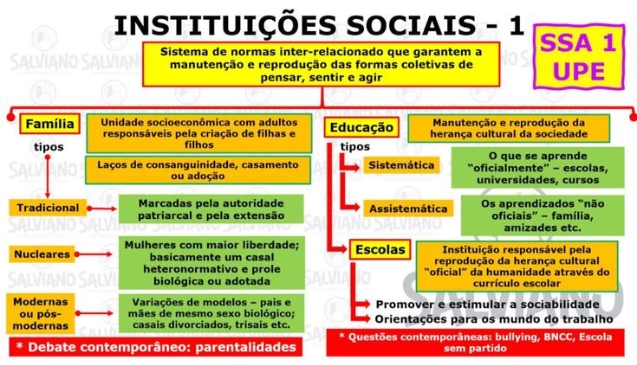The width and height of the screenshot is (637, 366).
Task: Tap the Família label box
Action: pyautogui.click(x=49, y=124)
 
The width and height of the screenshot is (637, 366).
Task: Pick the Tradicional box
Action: pyautogui.click(x=47, y=208)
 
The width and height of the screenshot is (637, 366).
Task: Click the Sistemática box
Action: pyautogui.click(x=401, y=165)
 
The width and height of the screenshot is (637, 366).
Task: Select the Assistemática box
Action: pyautogui.click(x=408, y=209)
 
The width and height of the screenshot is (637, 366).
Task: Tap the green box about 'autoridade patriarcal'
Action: pyautogui.click(x=198, y=209)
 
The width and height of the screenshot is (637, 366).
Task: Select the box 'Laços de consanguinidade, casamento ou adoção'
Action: pyautogui.click(x=198, y=170)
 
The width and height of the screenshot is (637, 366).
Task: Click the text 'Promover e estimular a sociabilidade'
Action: pyautogui.click(x=487, y=305)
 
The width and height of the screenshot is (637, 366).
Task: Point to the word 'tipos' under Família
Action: pyautogui.click(x=49, y=147)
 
